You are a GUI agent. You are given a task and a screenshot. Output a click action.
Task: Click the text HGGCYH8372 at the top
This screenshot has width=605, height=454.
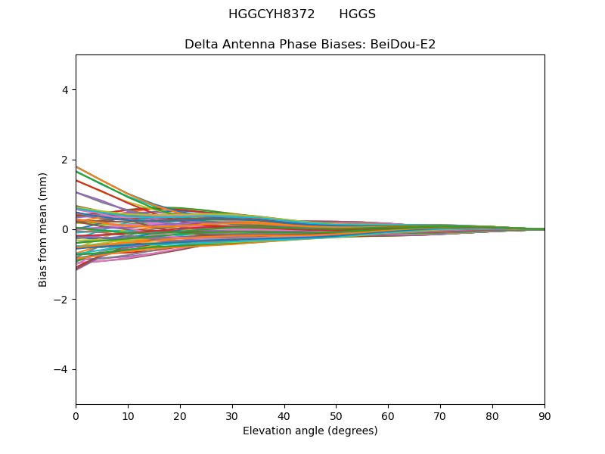click(271, 14)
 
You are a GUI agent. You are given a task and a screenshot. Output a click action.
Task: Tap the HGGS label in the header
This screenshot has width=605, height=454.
click(357, 14)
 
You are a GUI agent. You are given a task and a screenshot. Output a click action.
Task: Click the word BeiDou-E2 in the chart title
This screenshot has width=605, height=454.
click(403, 45)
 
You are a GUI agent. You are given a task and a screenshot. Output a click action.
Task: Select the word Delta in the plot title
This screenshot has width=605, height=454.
click(198, 45)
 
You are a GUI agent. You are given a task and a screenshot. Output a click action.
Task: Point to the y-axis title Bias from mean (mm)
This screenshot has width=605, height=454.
click(42, 230)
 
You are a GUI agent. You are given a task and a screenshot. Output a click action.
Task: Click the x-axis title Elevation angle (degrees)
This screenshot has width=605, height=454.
click(310, 431)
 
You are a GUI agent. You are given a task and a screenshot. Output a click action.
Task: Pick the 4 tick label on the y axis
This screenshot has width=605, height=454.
click(65, 90)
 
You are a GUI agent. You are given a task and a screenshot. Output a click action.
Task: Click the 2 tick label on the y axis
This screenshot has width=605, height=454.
click(65, 160)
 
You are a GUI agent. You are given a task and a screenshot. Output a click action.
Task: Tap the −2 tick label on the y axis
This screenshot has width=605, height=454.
click(61, 300)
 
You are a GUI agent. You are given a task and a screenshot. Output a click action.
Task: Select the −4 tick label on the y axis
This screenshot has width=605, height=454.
click(61, 369)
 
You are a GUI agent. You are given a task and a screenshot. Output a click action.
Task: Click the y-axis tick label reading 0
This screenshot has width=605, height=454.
click(65, 230)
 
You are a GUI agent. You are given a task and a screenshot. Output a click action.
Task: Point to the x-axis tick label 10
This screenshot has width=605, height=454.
click(128, 417)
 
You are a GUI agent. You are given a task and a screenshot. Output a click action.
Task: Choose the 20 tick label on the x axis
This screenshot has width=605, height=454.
click(180, 417)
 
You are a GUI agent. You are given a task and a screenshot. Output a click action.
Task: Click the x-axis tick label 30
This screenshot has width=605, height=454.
click(232, 417)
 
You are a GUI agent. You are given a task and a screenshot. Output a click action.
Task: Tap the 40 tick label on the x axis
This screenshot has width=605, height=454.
click(284, 417)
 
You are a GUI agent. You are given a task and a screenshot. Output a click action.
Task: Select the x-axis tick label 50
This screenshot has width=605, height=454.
click(337, 417)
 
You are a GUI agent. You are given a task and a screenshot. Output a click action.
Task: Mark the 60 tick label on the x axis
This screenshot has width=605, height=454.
click(389, 417)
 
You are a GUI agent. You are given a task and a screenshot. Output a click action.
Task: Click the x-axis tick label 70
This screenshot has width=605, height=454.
click(441, 417)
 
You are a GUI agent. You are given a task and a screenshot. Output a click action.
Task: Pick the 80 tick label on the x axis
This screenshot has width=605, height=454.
click(493, 417)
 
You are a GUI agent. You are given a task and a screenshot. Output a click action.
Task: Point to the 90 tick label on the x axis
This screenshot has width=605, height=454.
click(544, 417)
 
